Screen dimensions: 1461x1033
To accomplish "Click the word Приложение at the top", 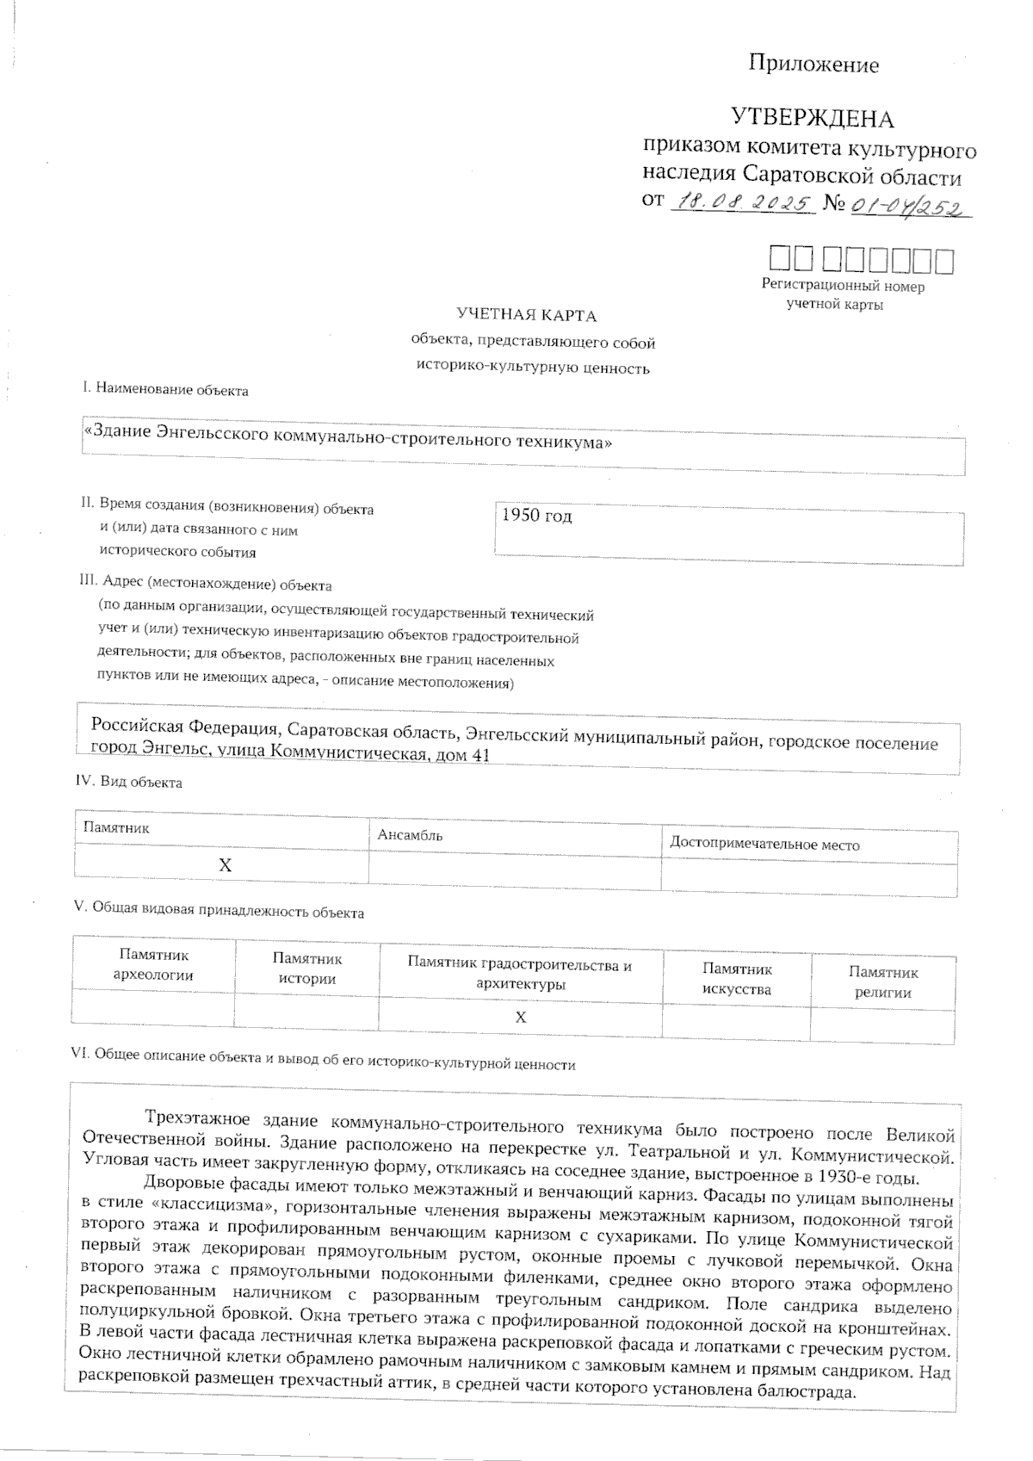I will click(813, 65).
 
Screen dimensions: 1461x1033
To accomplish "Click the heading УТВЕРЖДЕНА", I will click(812, 118).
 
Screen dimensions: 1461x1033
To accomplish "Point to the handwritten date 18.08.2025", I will click(741, 203).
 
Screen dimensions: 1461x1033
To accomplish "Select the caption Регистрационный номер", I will click(843, 286).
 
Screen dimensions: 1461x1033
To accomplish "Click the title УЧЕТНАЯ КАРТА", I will click(526, 315).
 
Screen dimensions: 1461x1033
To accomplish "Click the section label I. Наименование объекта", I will click(164, 390).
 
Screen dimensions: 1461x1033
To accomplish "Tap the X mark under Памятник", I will click(225, 865).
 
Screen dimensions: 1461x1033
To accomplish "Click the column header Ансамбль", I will click(410, 835).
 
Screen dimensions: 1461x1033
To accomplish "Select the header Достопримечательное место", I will click(764, 845).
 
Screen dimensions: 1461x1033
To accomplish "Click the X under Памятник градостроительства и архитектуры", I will click(520, 1018).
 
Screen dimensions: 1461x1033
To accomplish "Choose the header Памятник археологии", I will click(153, 965).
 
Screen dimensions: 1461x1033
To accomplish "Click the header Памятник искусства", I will click(736, 979).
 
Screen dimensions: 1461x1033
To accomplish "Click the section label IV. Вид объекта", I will click(129, 782).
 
